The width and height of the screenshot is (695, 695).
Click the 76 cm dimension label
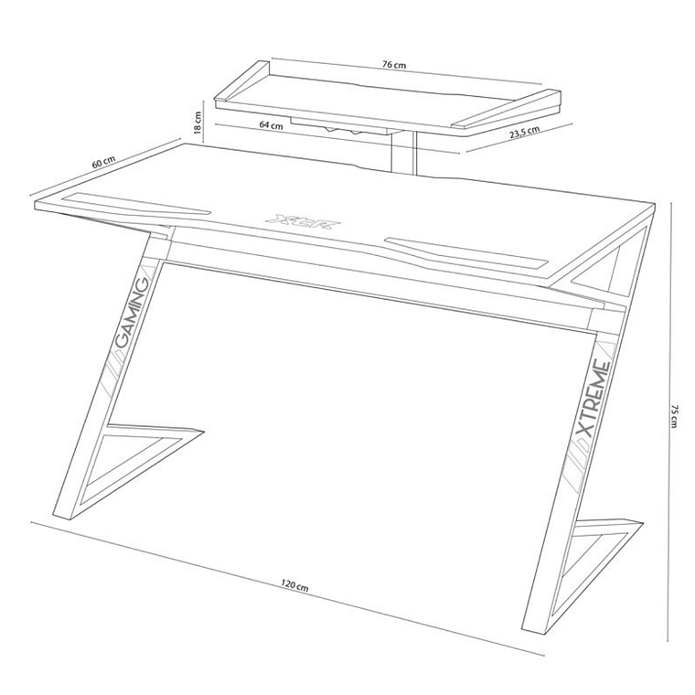point(394,66)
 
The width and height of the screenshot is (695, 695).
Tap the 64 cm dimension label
point(270,126)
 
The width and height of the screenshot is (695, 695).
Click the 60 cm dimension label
point(103,162)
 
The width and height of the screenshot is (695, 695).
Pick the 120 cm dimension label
point(294,584)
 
